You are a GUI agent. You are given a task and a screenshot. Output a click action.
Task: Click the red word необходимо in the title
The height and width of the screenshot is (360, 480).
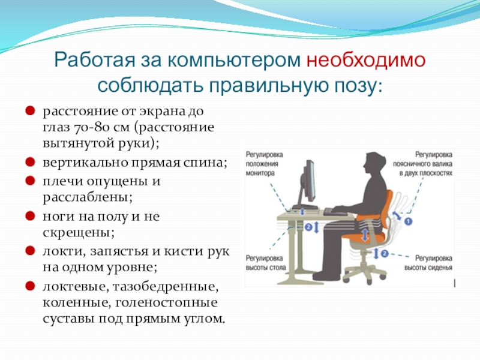click(x=366, y=60)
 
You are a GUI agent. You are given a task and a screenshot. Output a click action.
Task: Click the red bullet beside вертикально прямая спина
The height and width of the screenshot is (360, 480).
click(x=30, y=161)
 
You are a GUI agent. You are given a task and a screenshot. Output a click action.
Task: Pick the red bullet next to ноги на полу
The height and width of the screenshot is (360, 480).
click(x=30, y=215)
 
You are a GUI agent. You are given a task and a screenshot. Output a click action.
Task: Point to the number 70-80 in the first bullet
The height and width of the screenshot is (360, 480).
click(x=91, y=127)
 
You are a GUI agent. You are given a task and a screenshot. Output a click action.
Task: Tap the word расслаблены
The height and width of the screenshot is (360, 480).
click(x=87, y=198)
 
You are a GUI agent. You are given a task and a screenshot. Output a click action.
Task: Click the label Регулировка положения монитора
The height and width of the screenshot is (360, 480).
click(x=264, y=164)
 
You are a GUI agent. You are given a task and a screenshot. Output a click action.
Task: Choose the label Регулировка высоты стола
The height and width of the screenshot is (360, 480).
click(x=266, y=263)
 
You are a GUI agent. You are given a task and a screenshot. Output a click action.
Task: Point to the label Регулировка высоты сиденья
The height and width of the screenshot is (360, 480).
click(x=428, y=263)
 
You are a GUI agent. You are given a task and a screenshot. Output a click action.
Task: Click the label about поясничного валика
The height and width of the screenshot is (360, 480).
click(x=422, y=164)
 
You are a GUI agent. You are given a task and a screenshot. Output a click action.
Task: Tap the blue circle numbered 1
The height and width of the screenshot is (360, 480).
click(x=408, y=221)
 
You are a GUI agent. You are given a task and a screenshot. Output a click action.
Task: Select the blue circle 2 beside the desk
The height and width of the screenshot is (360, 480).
click(x=308, y=227)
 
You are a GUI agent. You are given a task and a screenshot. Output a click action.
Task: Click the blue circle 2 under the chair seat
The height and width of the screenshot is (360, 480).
click(x=385, y=253)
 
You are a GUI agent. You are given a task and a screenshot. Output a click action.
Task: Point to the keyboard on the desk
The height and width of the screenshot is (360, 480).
click(x=335, y=212)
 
